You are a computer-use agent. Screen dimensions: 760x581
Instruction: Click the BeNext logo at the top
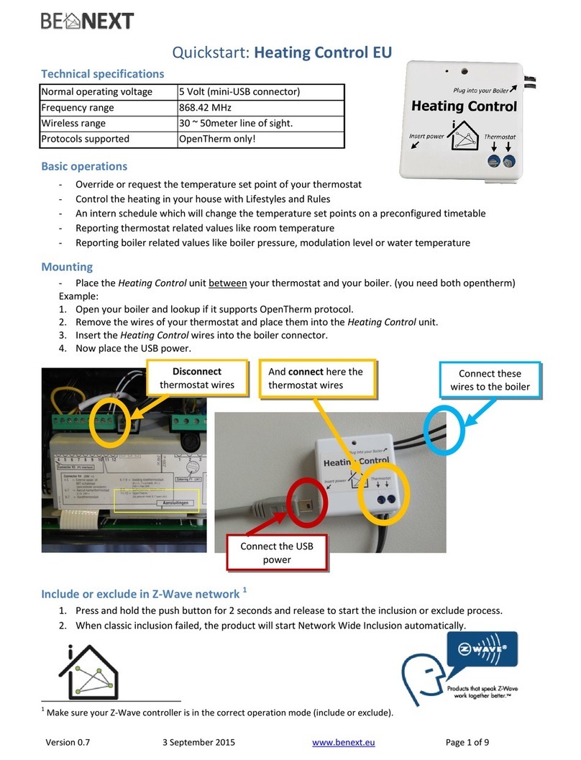[87, 21]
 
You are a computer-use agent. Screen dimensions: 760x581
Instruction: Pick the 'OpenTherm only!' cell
[217, 139]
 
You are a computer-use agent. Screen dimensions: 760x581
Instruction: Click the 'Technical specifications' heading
[102, 73]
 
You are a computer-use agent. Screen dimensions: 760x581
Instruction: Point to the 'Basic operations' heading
[84, 166]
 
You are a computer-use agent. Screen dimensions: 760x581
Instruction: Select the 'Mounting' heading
[67, 267]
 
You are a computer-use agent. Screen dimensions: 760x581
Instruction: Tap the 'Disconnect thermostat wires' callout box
[197, 378]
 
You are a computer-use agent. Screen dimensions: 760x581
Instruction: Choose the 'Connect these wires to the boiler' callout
[490, 380]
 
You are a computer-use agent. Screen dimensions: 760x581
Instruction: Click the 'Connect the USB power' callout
[277, 553]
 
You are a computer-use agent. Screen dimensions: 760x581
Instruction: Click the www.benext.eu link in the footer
[344, 743]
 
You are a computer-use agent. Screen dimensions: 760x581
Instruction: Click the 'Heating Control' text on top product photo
[464, 106]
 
